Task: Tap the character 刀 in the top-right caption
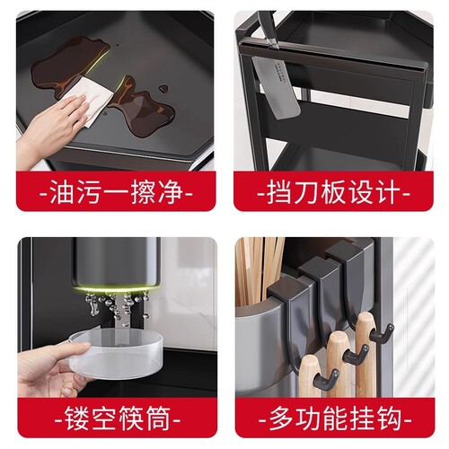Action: tap(307, 193)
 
